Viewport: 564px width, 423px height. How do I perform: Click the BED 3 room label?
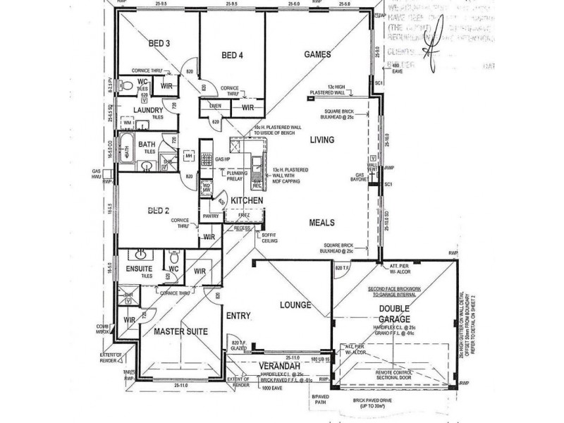pos(159,43)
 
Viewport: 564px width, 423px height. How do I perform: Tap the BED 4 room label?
pos(232,55)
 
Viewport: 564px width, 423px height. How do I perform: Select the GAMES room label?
pos(317,54)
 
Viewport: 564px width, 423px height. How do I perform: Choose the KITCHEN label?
pos(245,201)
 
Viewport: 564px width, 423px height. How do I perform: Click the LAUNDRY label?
pos(149,111)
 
